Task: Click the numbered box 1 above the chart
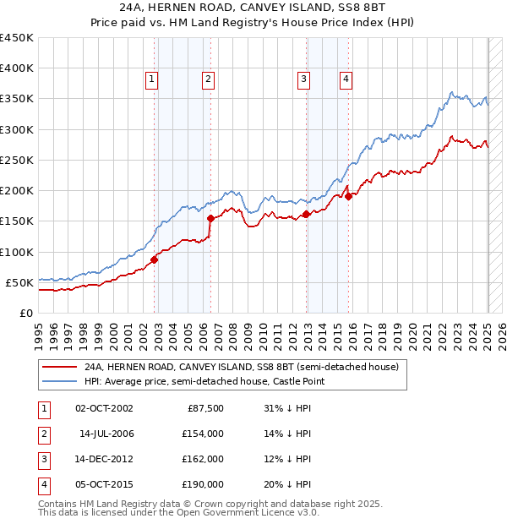(151, 79)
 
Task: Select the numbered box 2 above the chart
(208, 79)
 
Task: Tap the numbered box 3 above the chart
(303, 79)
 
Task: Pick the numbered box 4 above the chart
(346, 79)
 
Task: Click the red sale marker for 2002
(154, 259)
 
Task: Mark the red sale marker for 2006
(210, 218)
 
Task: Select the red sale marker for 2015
(349, 197)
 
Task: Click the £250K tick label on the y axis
(17, 160)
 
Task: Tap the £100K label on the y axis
(17, 252)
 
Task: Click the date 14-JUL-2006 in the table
(107, 434)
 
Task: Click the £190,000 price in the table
(203, 484)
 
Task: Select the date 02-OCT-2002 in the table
(105, 408)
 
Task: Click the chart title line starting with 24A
(253, 9)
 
